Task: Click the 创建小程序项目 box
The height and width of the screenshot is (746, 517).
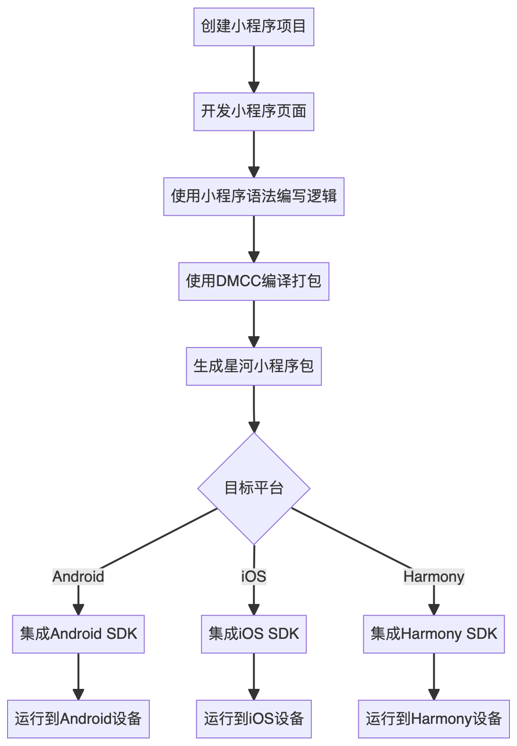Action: point(254,27)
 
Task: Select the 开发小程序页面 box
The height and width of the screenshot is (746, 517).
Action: point(254,112)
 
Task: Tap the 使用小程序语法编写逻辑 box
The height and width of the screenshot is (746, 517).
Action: point(254,197)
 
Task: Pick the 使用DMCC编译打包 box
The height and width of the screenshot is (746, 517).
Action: point(254,282)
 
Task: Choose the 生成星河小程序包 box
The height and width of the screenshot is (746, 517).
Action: point(254,367)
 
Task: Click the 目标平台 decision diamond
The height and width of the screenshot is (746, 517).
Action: point(254,488)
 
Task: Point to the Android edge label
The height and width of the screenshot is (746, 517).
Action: point(78,576)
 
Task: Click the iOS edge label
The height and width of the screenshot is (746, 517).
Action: point(254,576)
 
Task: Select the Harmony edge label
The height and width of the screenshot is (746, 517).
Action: point(434,576)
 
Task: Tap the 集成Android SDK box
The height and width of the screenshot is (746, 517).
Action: point(78,634)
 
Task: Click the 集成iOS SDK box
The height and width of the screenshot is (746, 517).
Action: point(254,634)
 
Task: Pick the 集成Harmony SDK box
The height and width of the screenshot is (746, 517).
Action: point(434,634)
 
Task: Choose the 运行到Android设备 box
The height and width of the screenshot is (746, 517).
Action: point(78,719)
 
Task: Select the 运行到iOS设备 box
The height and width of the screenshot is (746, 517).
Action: point(254,719)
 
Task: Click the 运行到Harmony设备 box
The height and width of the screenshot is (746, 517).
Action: point(434,719)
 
